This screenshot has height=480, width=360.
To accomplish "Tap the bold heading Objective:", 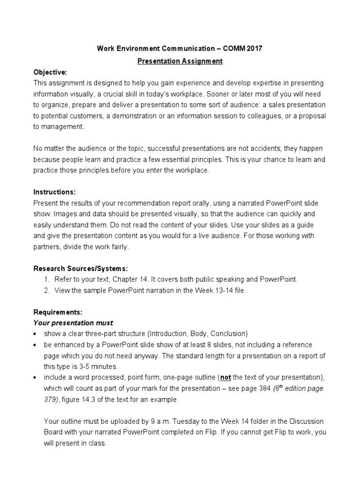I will click(50, 72).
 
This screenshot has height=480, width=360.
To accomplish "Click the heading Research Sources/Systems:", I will click(81, 269).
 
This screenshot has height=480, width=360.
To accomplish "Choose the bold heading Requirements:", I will click(58, 312).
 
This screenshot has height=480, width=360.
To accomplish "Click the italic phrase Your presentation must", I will click(73, 322).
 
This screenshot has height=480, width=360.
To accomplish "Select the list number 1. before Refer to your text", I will click(47, 279).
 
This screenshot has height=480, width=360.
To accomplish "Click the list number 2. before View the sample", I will click(47, 290).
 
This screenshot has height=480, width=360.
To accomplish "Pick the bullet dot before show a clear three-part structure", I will click(36, 334).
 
